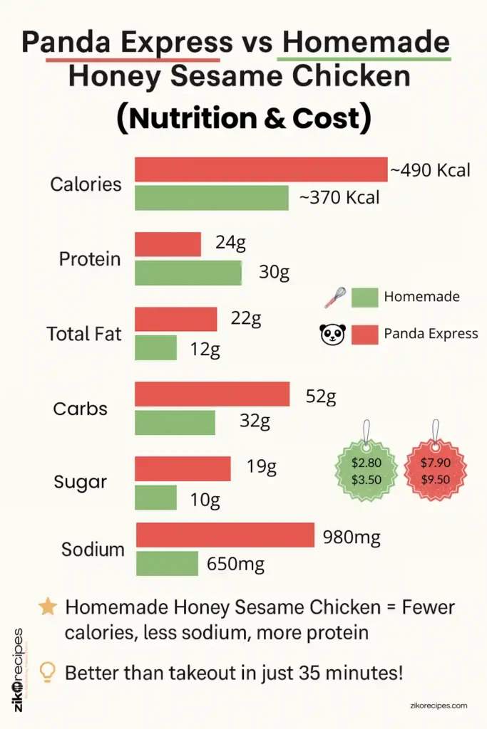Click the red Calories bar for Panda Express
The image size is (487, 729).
(261, 169)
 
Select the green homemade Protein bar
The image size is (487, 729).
(188, 273)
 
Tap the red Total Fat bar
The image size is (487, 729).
(175, 319)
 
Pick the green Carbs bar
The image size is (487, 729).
(175, 422)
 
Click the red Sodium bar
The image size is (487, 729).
(225, 535)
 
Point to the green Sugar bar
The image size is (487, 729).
(155, 497)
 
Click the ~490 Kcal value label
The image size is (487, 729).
(430, 171)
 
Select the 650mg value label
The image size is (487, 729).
(235, 565)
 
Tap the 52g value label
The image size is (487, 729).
(320, 397)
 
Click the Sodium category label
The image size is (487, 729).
(93, 550)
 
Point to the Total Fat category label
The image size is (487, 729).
(84, 333)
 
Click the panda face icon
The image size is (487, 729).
(332, 334)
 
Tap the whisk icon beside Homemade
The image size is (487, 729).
(334, 298)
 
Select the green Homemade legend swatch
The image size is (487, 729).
(364, 298)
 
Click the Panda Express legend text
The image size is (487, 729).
(431, 333)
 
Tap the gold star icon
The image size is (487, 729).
(48, 607)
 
